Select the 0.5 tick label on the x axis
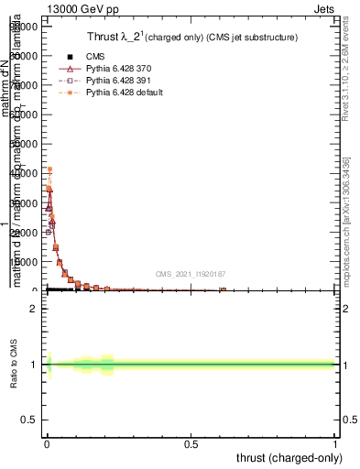click(x=191, y=442)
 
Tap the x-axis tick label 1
click(x=335, y=442)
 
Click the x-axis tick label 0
click(x=46, y=442)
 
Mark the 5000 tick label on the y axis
click(x=26, y=262)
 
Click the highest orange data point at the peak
click(x=49, y=169)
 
